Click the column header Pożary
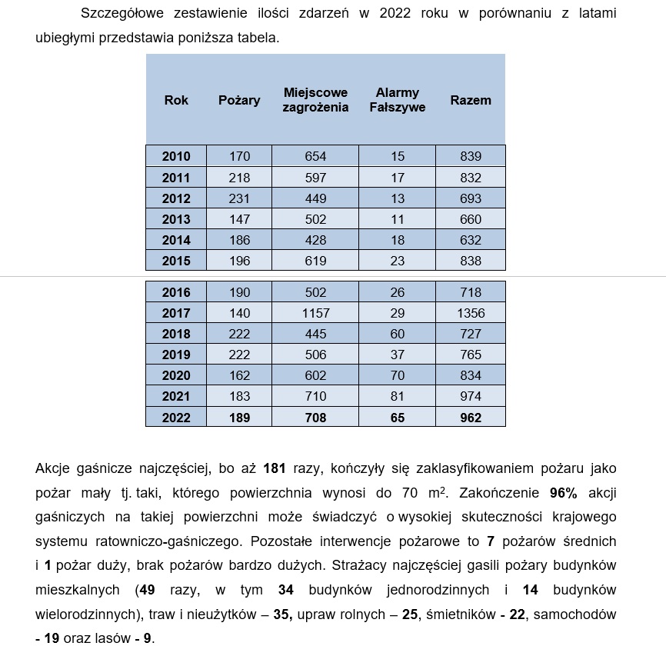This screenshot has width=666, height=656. [239, 100]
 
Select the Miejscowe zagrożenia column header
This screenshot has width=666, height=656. [315, 100]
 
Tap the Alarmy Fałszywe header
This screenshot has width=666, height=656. [397, 100]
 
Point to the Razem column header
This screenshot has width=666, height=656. [471, 100]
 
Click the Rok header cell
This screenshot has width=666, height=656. [176, 100]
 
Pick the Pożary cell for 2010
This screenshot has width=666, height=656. [240, 156]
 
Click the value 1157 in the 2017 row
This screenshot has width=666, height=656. [315, 313]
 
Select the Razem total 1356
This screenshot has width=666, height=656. [471, 313]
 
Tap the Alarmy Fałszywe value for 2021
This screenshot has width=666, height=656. [397, 396]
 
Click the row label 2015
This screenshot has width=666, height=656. [176, 261]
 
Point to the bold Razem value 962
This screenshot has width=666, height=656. [471, 418]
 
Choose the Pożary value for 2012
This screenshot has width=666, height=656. [240, 198]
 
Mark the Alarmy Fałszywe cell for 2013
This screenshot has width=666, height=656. [397, 219]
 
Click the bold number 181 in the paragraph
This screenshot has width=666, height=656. [275, 468]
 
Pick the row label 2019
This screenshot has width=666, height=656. [176, 355]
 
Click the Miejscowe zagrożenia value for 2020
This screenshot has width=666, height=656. [315, 375]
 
